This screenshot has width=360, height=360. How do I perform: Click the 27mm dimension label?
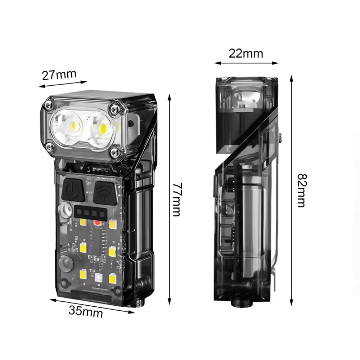tap(59, 75)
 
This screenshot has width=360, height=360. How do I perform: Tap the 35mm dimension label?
tap(86, 311)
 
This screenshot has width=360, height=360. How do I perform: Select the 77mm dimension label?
tap(177, 200)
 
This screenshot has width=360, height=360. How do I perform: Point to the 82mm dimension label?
tap(302, 190)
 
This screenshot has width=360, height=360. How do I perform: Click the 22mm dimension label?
tap(246, 54)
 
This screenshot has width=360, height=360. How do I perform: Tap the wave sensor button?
tap(105, 193)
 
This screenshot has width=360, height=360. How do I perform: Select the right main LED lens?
tap(101, 129)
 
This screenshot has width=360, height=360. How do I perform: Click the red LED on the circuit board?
tap(97, 222)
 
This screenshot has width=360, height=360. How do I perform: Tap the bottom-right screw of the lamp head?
tap(114, 152)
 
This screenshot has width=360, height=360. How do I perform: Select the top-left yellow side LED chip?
tap(83, 222)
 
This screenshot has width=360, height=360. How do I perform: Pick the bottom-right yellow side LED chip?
tap(112, 279)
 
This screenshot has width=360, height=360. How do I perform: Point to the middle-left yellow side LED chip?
tap(83, 248)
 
